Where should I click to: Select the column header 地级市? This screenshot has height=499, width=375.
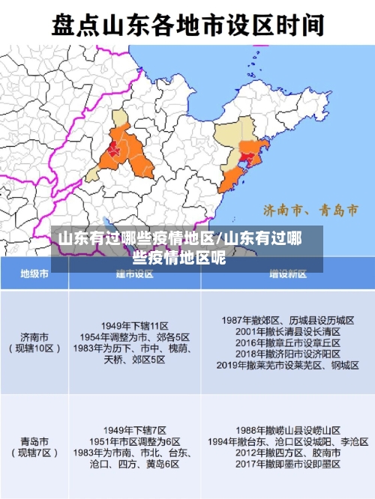34,275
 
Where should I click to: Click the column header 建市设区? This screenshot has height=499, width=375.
135,275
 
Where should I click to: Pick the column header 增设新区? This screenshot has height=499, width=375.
289,275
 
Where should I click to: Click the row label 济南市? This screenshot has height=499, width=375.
34,336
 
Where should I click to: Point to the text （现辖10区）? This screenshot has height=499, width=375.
34,348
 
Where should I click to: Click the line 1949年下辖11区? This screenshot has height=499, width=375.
136,325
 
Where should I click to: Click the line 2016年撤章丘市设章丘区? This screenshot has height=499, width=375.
289,342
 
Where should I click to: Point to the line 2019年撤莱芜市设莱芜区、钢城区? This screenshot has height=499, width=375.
289,365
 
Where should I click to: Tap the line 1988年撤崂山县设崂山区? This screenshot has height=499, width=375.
289,431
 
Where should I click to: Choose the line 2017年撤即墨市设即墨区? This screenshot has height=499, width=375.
289,464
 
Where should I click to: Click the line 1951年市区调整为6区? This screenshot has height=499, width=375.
136,441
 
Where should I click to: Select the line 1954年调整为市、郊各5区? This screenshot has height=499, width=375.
136,336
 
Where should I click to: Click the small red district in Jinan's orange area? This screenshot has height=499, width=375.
115,148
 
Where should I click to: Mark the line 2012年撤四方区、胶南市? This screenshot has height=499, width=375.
289,453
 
